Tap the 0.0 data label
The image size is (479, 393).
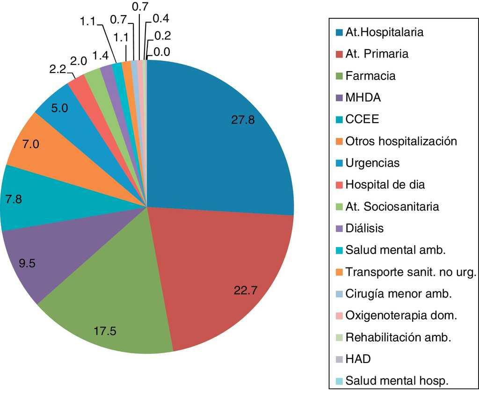point(161,52)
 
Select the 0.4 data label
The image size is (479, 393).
point(161,19)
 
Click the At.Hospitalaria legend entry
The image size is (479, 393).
point(385,32)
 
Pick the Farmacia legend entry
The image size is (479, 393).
point(370,76)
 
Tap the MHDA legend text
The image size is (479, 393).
point(363,98)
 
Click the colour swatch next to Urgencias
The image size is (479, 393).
point(339,163)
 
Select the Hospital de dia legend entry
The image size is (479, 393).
point(385,184)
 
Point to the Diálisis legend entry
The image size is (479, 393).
point(364,228)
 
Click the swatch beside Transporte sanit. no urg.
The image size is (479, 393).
point(339,272)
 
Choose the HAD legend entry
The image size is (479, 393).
point(358,359)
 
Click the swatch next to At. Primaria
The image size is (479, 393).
point(339,54)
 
